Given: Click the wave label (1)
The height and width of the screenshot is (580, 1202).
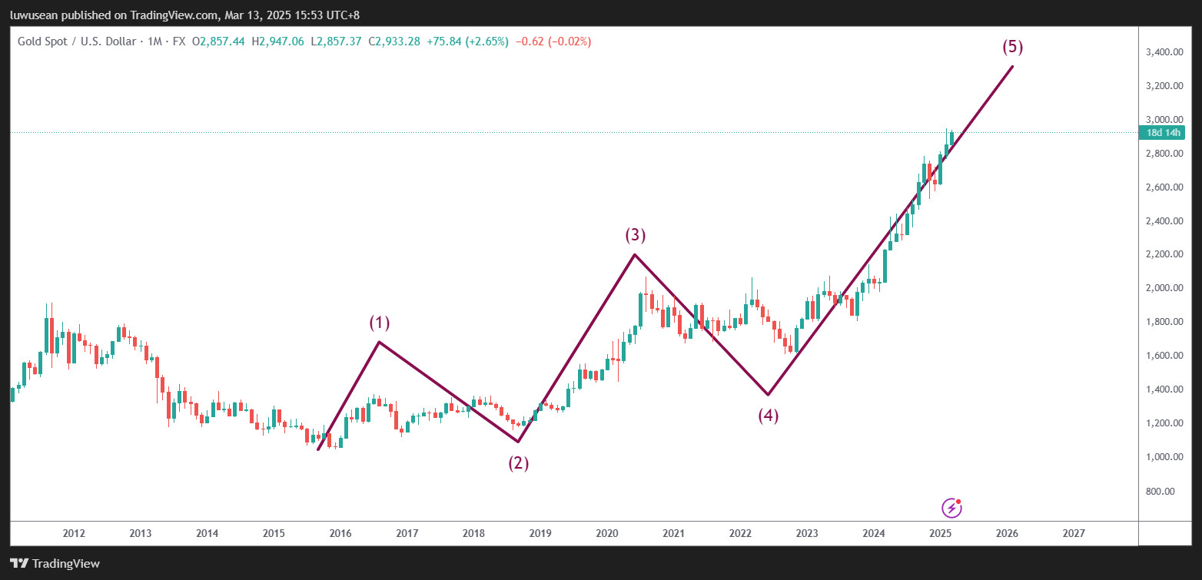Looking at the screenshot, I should (x=380, y=323).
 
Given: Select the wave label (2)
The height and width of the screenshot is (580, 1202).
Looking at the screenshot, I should (x=518, y=463).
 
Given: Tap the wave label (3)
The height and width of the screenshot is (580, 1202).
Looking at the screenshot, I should (x=636, y=235).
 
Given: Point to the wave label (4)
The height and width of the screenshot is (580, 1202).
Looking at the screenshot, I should (x=769, y=416).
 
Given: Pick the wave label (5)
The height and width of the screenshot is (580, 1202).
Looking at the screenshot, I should (x=1013, y=47).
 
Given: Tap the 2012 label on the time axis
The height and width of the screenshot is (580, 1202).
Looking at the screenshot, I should (x=74, y=533).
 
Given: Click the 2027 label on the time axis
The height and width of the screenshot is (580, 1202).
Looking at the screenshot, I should (x=1074, y=533).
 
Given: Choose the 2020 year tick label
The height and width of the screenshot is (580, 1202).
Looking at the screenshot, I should (x=607, y=533).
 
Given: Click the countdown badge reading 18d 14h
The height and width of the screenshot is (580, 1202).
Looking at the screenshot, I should (x=1164, y=132).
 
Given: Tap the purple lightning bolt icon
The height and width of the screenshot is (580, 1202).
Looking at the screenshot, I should (x=951, y=508).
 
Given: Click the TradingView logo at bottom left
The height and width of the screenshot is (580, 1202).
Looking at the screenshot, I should (x=55, y=564).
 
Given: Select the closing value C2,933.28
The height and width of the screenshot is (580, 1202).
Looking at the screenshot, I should (x=394, y=41).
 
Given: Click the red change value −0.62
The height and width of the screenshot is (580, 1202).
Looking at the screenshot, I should (x=530, y=41).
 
